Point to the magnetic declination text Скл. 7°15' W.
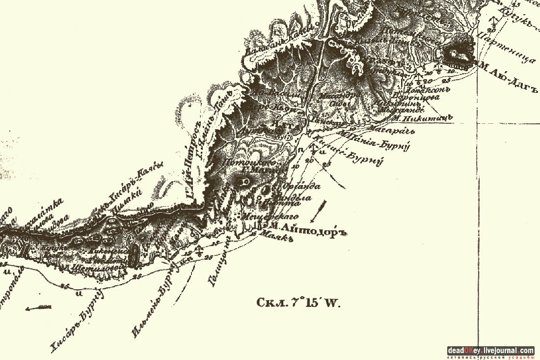click(298, 302)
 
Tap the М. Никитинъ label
click(421, 117)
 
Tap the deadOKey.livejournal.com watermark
click(490, 351)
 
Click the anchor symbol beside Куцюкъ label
click(494, 21)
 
